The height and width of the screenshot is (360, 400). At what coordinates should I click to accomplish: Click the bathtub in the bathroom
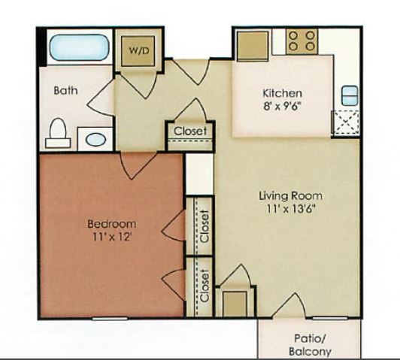coord(79,47)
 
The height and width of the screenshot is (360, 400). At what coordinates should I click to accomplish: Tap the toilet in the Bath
coord(58,133)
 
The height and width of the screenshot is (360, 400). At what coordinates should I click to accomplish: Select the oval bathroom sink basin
coord(95,140)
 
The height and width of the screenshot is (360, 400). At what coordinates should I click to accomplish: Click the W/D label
coord(139,51)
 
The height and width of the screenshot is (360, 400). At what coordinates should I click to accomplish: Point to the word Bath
coord(66,90)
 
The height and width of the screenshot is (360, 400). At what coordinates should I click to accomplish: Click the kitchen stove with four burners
coord(302,41)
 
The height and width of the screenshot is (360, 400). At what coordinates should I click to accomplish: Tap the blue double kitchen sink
coord(350,95)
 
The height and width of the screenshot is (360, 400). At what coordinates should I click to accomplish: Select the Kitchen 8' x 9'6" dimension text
coord(283,99)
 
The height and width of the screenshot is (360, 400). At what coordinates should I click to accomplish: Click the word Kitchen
coord(283,93)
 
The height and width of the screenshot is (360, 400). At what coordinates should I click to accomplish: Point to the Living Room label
coord(291,196)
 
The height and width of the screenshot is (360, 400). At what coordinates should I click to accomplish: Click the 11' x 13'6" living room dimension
coord(291,209)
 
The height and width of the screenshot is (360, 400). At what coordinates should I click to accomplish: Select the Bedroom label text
coord(112,224)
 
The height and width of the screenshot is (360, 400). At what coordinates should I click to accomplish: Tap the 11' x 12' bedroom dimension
coord(112,237)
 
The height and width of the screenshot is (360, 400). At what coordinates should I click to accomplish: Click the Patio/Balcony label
coord(310,345)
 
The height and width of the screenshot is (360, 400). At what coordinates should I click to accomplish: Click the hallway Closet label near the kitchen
coord(190,131)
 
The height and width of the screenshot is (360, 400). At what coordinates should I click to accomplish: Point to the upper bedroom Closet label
coord(205,226)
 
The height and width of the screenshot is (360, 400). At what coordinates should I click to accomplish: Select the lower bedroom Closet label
coord(205,286)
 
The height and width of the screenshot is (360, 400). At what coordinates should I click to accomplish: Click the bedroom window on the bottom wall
coord(110,319)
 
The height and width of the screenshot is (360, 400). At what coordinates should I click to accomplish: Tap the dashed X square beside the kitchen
coord(346,123)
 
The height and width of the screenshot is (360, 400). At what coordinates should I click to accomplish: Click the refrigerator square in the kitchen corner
coord(253,46)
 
